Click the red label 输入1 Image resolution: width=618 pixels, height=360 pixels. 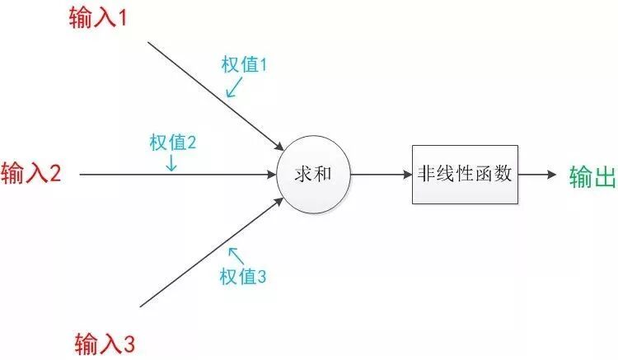coord(96,17)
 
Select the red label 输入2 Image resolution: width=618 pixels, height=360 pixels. coord(31,175)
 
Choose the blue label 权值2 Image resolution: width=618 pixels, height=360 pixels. coord(172,142)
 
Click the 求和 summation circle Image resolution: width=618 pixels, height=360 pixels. coord(312,175)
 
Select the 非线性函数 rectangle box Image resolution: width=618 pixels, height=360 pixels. coord(465,175)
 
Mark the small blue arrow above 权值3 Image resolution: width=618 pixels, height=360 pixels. coord(236,255)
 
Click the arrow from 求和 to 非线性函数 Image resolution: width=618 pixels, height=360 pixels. coord(380,175)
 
